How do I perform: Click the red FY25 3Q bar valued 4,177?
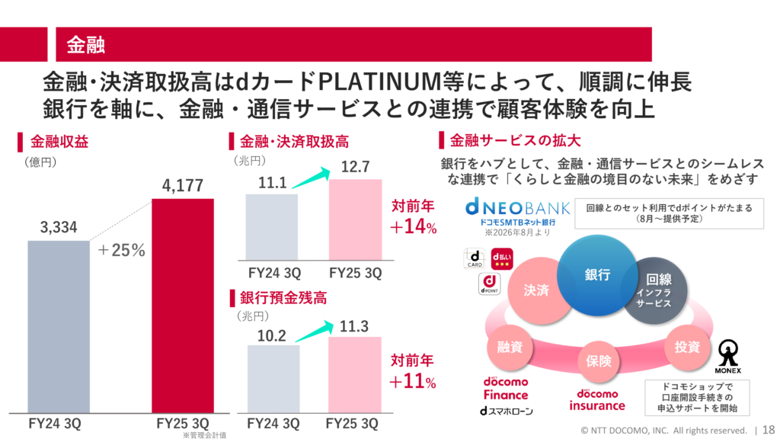pos(183,306)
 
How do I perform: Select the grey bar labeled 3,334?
pos(59,326)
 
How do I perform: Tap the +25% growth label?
pos(121,250)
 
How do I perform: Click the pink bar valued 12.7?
pos(355,219)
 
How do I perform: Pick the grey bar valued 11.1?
pos(272,227)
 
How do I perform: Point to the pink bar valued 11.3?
pos(355,375)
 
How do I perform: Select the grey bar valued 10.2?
pos(273,379)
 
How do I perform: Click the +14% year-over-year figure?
pos(414,227)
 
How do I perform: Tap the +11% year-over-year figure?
pos(412,382)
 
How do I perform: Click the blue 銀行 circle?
pos(597,275)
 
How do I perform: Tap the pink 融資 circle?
pos(510,347)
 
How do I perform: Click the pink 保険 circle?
pos(599,360)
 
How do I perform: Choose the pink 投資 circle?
pos(688,347)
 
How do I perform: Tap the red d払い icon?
pos(501,259)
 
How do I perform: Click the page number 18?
pos(769,430)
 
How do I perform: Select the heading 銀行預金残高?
pos(283,298)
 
